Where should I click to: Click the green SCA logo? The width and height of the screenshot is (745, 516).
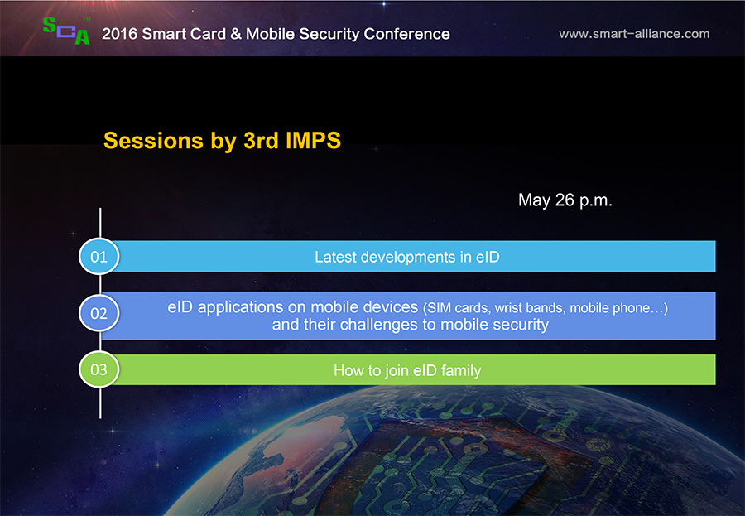tap(66, 31)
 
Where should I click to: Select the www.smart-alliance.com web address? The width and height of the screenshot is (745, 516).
tap(634, 34)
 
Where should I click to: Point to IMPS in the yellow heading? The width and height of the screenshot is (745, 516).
tap(313, 140)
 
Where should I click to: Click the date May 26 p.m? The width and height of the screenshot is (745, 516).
tap(565, 200)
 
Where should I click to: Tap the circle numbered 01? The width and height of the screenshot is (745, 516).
tap(99, 257)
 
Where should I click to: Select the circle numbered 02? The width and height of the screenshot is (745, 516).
tap(99, 313)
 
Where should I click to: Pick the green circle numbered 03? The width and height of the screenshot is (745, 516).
tap(99, 369)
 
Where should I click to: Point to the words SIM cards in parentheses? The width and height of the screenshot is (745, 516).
tap(457, 308)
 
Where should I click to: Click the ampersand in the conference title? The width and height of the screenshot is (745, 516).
tap(236, 34)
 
